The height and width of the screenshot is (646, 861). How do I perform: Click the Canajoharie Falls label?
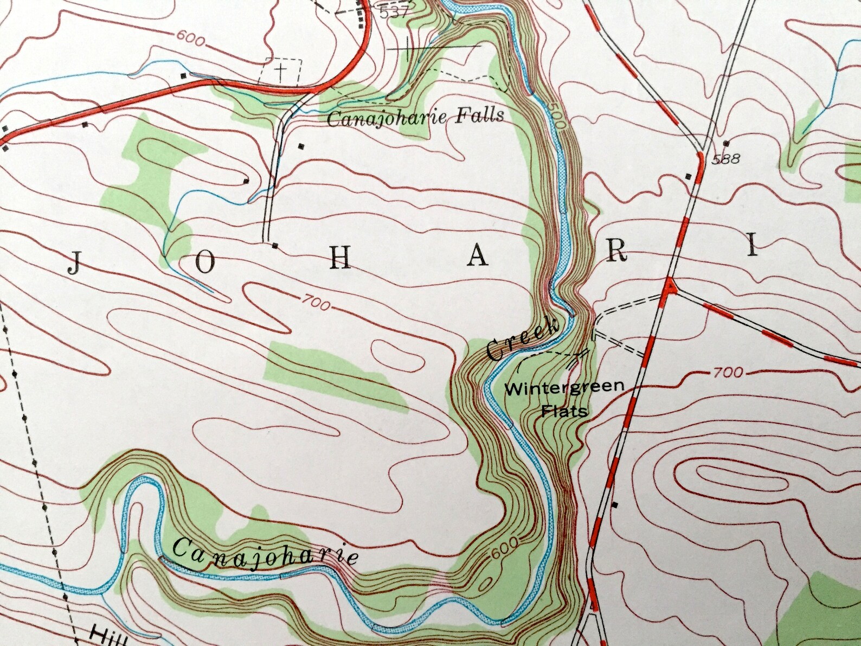(415, 116)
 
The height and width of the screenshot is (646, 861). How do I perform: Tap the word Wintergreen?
(564, 388)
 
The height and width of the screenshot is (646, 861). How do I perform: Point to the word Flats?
(564, 411)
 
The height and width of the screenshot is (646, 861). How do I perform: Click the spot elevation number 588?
(727, 159)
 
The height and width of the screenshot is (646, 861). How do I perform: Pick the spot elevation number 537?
(394, 12)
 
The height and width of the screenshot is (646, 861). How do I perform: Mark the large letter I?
(751, 247)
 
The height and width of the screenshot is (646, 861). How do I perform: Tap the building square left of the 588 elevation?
(689, 176)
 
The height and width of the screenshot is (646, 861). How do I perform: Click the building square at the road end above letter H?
(275, 246)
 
